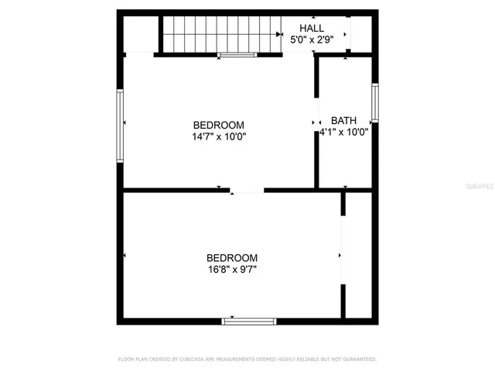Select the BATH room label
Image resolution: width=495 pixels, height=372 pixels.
pyautogui.click(x=343, y=120)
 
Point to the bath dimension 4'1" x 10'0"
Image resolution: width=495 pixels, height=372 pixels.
pyautogui.click(x=343, y=132)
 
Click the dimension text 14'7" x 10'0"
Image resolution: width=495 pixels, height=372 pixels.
pyautogui.click(x=219, y=136)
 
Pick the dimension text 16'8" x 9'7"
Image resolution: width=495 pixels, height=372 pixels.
pyautogui.click(x=231, y=270)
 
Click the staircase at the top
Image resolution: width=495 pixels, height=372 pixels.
pyautogui.click(x=220, y=34)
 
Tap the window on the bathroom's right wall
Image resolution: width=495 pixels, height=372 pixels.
pyautogui.click(x=374, y=102)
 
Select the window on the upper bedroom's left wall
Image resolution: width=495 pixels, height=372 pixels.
pyautogui.click(x=120, y=126)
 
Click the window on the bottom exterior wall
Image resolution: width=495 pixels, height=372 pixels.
pyautogui.click(x=249, y=320)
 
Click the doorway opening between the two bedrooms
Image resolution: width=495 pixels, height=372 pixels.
pyautogui.click(x=247, y=190)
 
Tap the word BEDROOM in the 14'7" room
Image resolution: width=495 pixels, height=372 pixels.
pyautogui.click(x=219, y=125)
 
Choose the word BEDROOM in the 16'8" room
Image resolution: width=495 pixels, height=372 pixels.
pyautogui.click(x=231, y=258)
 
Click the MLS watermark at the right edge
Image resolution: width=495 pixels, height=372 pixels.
pyautogui.click(x=480, y=187)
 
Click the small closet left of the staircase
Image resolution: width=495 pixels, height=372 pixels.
pyautogui.click(x=140, y=34)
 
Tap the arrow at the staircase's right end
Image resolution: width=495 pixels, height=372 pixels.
pyautogui.click(x=277, y=34)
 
